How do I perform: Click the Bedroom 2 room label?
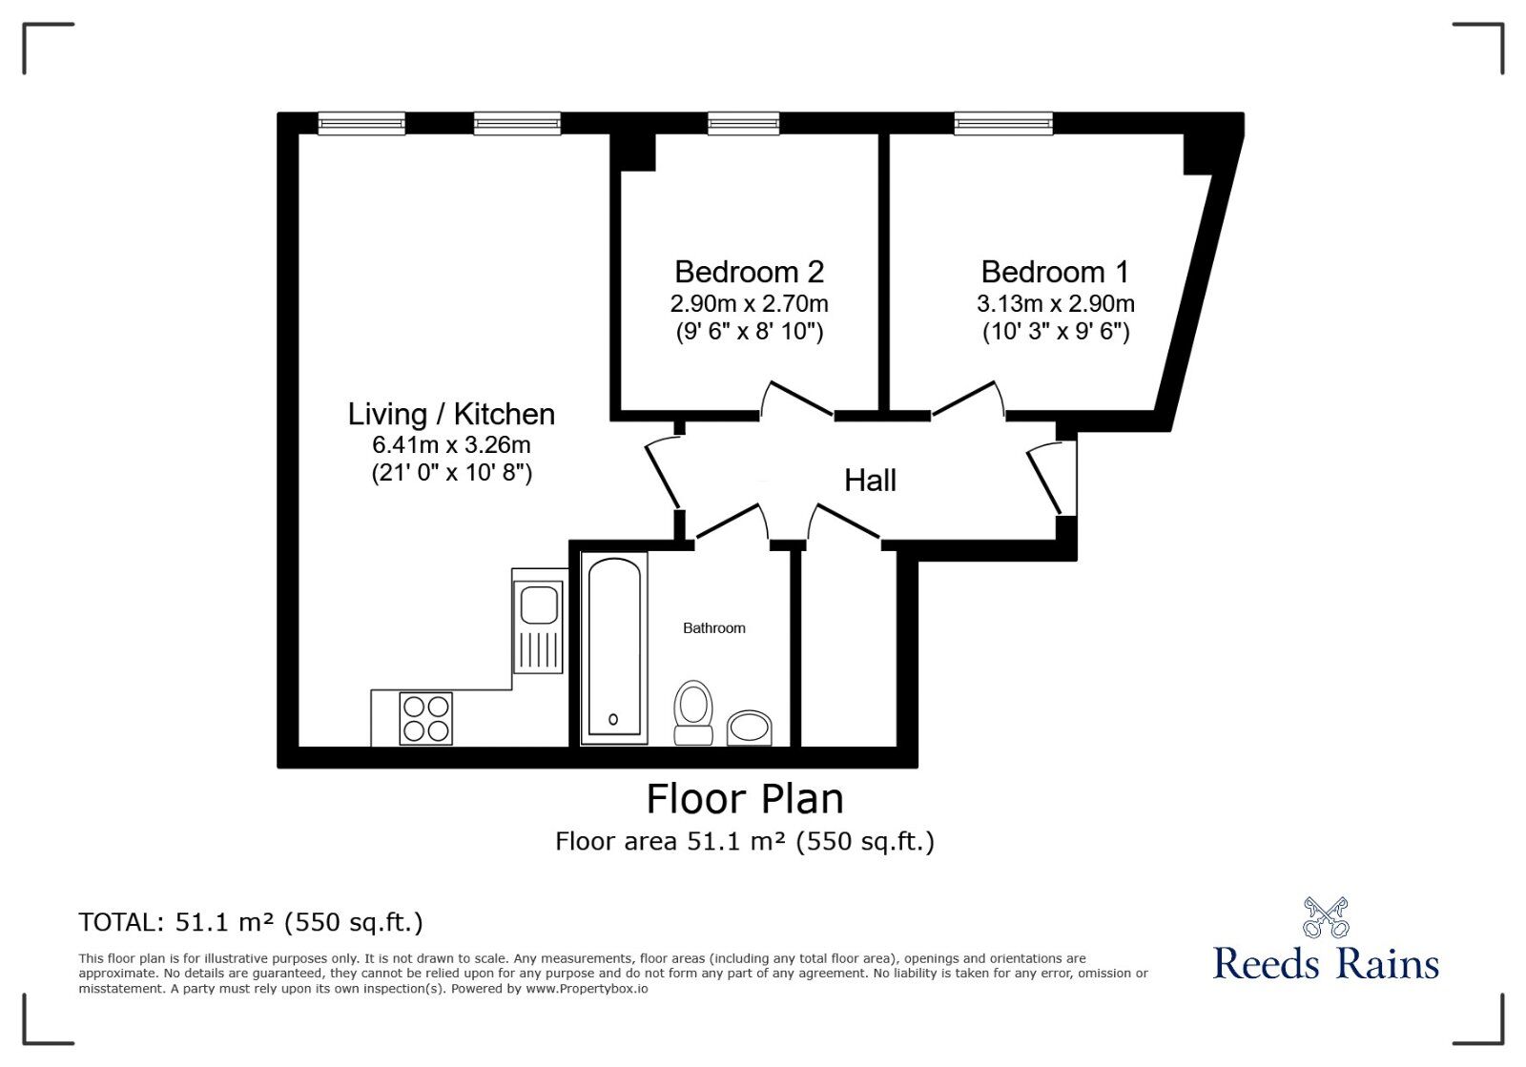click(x=749, y=272)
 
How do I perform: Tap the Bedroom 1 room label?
click(x=1055, y=272)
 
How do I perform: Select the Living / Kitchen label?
click(x=451, y=414)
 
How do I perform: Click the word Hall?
click(x=870, y=481)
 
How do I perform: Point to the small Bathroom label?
click(x=713, y=627)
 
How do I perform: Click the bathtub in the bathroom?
click(x=613, y=648)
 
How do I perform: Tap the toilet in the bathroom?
click(x=693, y=711)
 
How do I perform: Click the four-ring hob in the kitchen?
click(x=425, y=718)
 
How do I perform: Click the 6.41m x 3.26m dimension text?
click(x=451, y=444)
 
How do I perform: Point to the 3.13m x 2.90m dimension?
click(x=1055, y=304)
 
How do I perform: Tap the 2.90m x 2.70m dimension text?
click(x=749, y=304)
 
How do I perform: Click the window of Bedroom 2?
click(x=743, y=123)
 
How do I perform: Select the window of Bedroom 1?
click(x=1003, y=123)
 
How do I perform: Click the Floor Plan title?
click(x=745, y=799)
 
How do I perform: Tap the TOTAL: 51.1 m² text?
click(x=251, y=922)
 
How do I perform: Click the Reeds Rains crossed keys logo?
click(x=1326, y=917)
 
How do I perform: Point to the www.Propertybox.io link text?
click(x=587, y=989)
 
